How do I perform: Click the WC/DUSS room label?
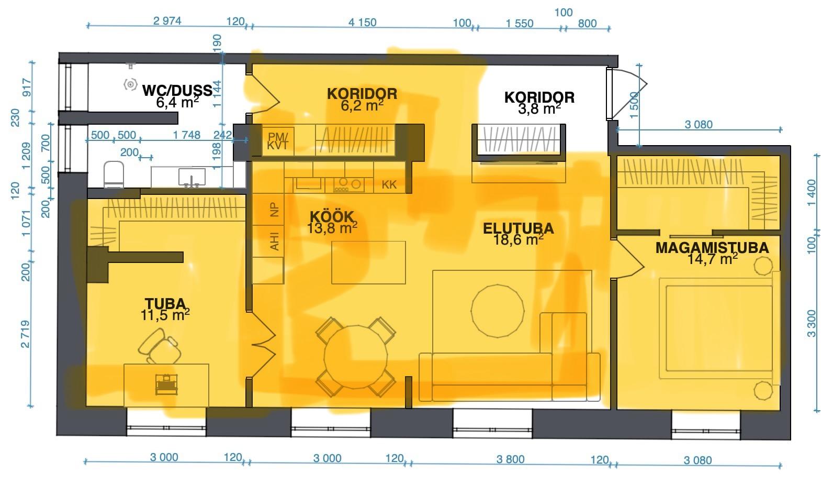coord(177,91)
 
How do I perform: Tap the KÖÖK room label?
coord(332,217)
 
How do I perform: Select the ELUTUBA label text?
coord(519,228)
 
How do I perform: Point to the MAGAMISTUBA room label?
coord(712,248)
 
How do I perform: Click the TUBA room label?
coord(165,303)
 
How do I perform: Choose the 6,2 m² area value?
coord(362,105)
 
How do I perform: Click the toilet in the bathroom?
coord(114,174)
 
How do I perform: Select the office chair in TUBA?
coord(159,346)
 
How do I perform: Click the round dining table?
coord(355,357)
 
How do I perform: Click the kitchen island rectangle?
coord(368,262)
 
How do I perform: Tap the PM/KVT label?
coord(278,141)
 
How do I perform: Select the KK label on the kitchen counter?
coord(389,185)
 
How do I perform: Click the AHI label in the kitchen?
coord(274,241)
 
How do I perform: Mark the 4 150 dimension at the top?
coord(362,23)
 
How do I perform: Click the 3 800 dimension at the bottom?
coord(510,459)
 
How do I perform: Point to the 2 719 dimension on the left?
coord(25,334)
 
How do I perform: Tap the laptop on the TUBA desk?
coord(166,385)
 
